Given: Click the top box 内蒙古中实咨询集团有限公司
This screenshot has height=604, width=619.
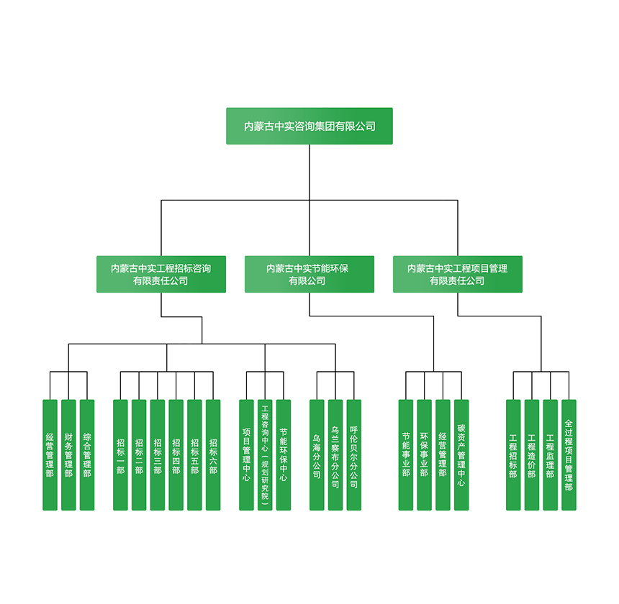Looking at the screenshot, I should coord(309,126).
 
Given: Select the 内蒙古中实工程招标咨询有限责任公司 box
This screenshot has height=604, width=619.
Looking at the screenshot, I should coord(161,274).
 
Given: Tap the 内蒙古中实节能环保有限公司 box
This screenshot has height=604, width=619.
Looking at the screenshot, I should coord(309,274).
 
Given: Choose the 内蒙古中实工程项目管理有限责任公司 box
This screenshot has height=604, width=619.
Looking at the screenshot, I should coord(458,274).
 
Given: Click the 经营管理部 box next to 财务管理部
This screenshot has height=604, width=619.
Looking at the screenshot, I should coord(50,455).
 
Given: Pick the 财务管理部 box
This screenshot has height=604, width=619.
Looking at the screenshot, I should coord(68,455).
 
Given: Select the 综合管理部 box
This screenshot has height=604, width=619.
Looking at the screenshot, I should coord(87,455).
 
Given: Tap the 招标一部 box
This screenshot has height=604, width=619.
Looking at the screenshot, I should coord(120,455).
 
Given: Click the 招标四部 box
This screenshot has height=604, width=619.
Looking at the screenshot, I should coord(176,455).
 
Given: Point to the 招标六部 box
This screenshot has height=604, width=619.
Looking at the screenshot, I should coord(213,455).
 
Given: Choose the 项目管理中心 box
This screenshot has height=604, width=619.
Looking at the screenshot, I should coord(246,455).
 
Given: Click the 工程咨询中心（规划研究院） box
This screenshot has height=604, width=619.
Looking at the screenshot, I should coord(265,455).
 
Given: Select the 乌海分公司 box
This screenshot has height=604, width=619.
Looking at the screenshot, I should coord(317,455).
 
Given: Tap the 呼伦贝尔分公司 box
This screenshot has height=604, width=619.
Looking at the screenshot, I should coord(353,455).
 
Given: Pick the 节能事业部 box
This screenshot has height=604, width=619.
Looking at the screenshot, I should coord(406,455).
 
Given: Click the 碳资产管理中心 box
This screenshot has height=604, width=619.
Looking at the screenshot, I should coord(461,455).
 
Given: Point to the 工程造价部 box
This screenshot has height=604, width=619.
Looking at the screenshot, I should coord(531,455).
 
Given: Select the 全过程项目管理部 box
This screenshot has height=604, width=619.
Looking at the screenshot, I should coord(569,455).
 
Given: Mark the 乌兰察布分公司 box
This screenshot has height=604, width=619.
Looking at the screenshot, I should coord(335,455).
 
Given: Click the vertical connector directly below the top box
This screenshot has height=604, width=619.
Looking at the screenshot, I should coord(309,173).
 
